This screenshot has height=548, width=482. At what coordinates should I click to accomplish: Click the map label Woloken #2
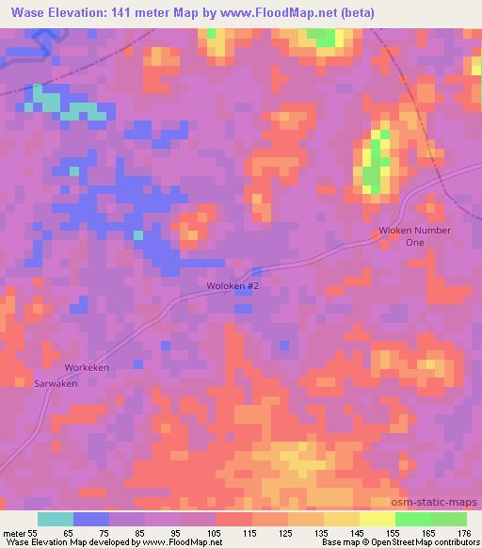pyautogui.click(x=233, y=285)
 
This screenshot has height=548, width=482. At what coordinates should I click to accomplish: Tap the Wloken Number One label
pyautogui.click(x=415, y=236)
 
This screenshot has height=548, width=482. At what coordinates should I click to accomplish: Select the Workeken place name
pyautogui.click(x=88, y=367)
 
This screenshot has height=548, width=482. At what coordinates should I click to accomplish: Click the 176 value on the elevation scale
pyautogui.click(x=464, y=533)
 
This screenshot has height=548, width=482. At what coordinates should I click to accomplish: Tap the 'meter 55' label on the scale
pyautogui.click(x=21, y=533)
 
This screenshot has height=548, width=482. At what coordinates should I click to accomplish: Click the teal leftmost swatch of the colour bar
pyautogui.click(x=56, y=519)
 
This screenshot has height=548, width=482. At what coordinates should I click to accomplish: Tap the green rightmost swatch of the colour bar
pyautogui.click(x=448, y=519)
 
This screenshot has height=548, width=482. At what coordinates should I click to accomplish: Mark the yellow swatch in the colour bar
pyautogui.click(x=377, y=519)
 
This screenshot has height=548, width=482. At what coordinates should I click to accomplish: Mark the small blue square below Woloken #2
pyautogui.click(x=244, y=303)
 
